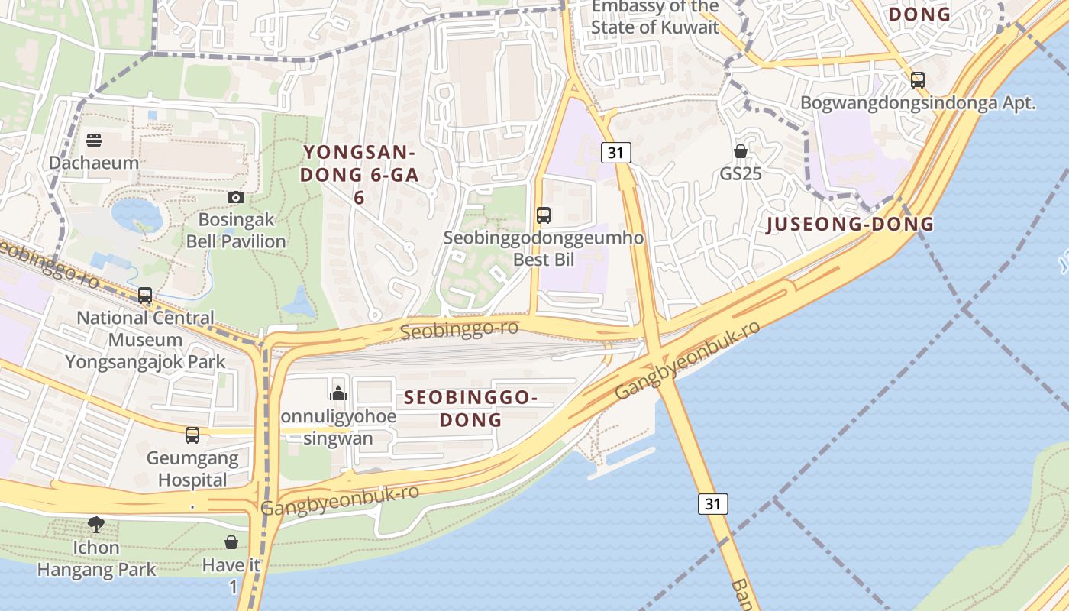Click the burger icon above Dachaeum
tap(94, 141)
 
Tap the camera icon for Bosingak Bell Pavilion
tap(236, 197)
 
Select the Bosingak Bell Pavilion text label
tap(237, 231)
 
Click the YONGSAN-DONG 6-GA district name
tap(359, 175)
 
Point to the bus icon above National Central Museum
tap(145, 296)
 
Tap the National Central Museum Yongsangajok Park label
tap(145, 339)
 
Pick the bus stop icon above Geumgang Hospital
tap(192, 435)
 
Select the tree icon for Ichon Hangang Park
tap(96, 525)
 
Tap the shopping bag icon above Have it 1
tap(231, 542)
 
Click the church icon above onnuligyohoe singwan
tap(338, 393)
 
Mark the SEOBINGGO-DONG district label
tap(471, 409)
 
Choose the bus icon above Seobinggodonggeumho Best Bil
tap(544, 215)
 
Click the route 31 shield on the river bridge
tap(712, 503)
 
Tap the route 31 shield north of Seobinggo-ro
tap(616, 153)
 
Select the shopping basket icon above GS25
tap(741, 150)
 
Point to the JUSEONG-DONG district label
tap(850, 224)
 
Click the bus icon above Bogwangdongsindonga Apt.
tap(918, 79)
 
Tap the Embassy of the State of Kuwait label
tap(655, 18)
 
